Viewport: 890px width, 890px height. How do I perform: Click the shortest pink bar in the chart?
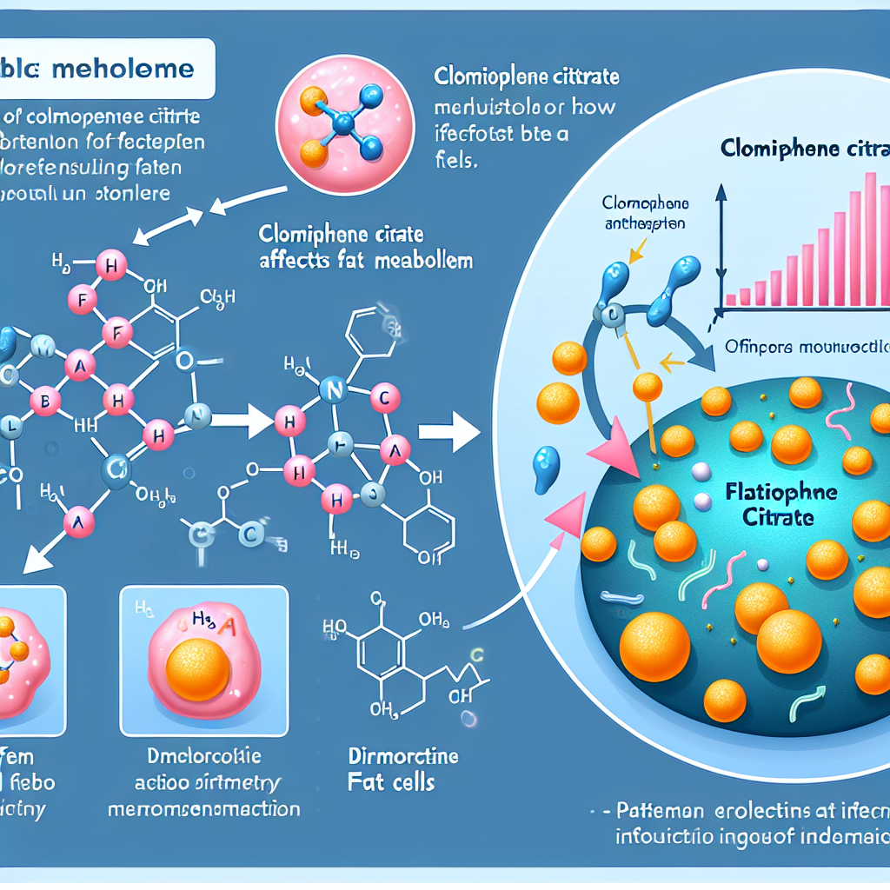(x=731, y=300)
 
